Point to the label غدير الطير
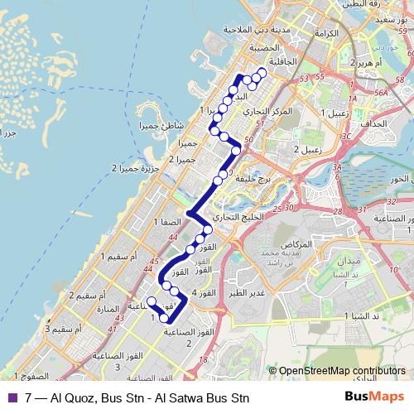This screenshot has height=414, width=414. point(248,292)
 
